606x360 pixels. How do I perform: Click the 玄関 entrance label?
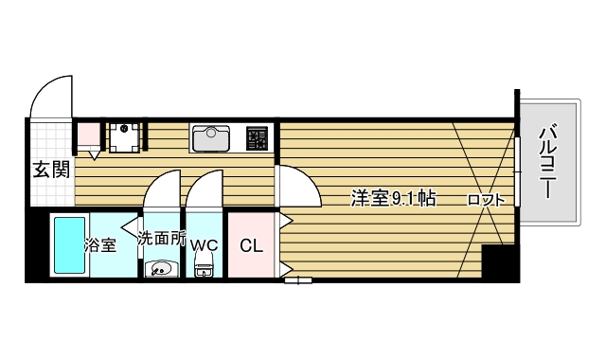pos(51,171)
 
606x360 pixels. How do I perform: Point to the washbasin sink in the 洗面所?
pos(157,268)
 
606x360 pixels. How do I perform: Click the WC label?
pos(204,245)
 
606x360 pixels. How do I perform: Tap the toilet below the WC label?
pos(203,269)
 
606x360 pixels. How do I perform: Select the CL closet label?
pos(251,245)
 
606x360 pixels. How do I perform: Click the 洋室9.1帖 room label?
pos(393,199)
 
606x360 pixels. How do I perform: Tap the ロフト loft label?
pos(483,200)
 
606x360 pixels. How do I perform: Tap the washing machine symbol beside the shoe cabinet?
pos(123,135)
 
